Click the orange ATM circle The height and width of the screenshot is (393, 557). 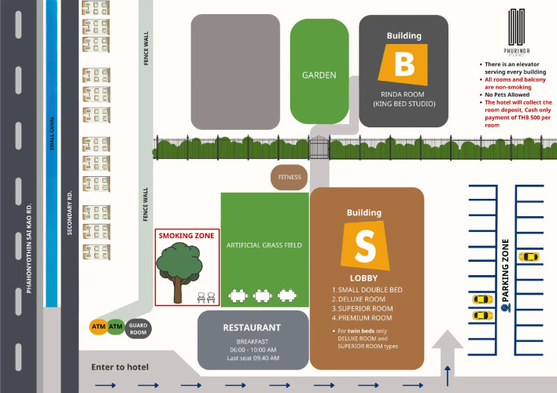click(98, 326)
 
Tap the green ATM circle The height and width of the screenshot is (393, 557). click(116, 326)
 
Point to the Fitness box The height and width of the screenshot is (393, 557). click(290, 178)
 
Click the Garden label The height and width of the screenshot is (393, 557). click(319, 75)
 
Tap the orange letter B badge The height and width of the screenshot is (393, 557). click(404, 65)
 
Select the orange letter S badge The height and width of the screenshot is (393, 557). click(365, 245)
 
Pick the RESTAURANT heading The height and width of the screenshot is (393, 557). click(252, 328)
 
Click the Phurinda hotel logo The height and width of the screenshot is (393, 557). click(516, 32)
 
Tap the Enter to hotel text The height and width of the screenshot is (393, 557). click(120, 367)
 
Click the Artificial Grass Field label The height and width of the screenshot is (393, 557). click(264, 245)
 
